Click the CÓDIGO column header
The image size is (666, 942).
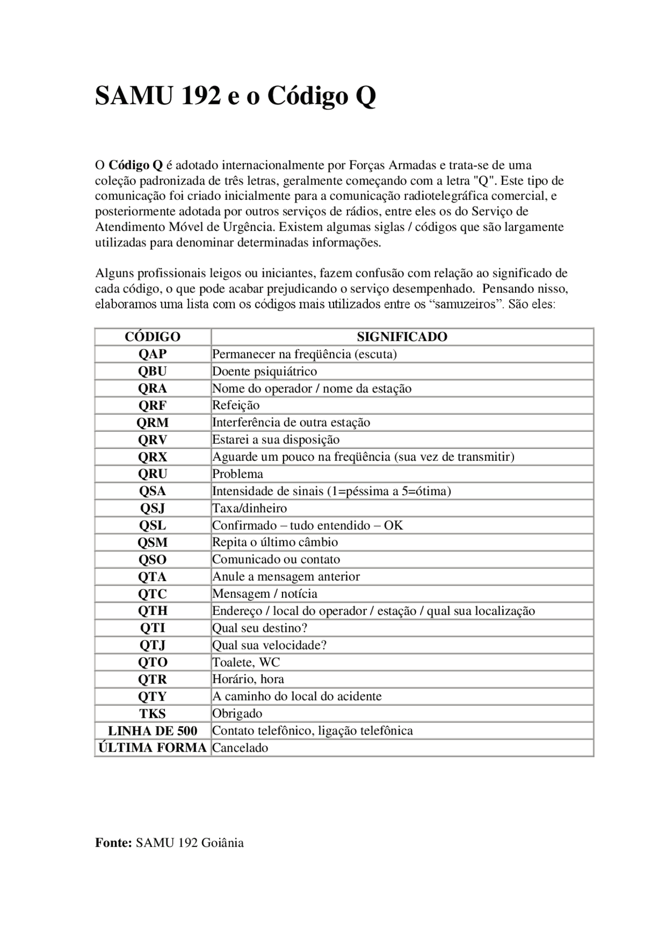(152, 337)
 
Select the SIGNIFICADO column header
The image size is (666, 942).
(402, 337)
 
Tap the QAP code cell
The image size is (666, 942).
(152, 354)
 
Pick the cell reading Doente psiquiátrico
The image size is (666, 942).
(264, 371)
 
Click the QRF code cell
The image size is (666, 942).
(152, 405)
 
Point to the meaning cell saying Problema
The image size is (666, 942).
(237, 474)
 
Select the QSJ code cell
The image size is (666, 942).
(152, 508)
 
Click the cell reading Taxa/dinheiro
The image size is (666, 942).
(249, 508)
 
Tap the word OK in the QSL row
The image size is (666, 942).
(393, 525)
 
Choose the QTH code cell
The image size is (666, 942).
(152, 611)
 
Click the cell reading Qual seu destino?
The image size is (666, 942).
(260, 628)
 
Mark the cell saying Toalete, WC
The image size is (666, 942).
(246, 662)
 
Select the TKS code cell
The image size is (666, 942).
(152, 713)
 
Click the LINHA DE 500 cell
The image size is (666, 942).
(152, 730)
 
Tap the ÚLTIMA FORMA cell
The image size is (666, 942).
(152, 747)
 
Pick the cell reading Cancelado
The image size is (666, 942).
(240, 748)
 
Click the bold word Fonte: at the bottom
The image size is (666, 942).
(113, 843)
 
